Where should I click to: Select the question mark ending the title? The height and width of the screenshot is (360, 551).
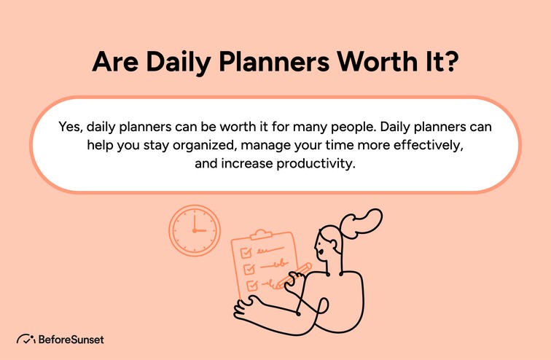(450, 63)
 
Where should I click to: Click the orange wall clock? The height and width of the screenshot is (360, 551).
(194, 230)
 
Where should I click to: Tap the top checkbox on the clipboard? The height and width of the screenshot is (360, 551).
(246, 252)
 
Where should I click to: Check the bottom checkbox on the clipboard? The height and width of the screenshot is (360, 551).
(251, 284)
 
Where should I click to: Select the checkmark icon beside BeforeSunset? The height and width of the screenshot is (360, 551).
(26, 339)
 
